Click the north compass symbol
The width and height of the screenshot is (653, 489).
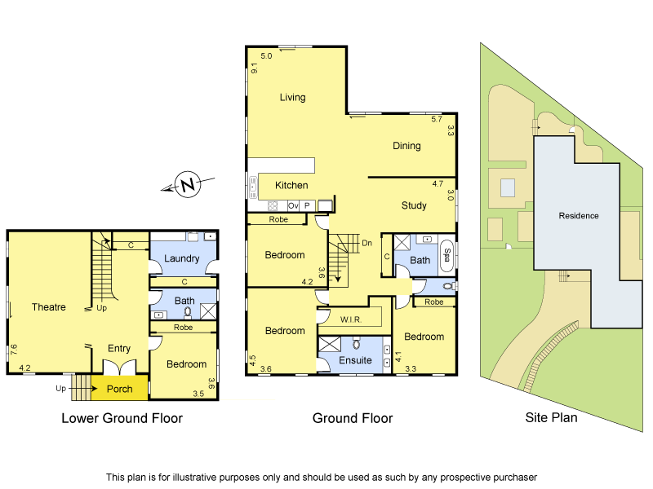[x=189, y=185]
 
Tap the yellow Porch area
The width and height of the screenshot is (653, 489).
[x=120, y=389]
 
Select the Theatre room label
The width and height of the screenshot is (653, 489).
[x=49, y=307]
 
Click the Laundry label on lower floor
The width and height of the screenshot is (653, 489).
[x=181, y=258]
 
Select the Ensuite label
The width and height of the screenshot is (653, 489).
[x=356, y=359]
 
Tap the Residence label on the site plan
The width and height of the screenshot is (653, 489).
[x=578, y=216]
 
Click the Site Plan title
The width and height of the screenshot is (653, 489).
[x=551, y=418]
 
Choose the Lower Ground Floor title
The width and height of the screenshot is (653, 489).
[x=122, y=418]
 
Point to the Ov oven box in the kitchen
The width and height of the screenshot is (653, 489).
[x=293, y=206]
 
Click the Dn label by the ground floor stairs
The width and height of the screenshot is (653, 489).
[x=366, y=242]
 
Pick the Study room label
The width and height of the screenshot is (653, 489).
[x=414, y=205]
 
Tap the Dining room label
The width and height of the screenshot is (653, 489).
[x=406, y=146]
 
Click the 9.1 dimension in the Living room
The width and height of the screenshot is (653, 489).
[x=254, y=68]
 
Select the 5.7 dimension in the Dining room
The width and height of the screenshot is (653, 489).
[x=438, y=120]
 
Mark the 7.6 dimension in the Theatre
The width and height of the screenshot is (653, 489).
[x=13, y=350]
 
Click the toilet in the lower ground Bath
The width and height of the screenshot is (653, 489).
[x=187, y=311]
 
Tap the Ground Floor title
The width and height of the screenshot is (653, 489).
[x=353, y=418]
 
